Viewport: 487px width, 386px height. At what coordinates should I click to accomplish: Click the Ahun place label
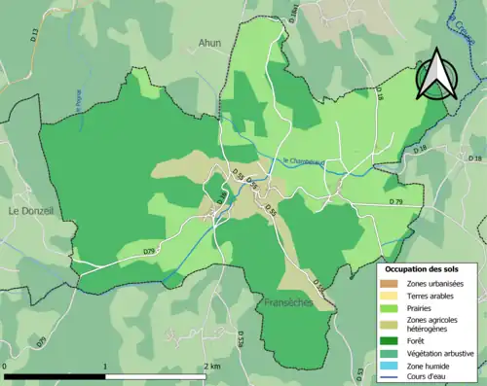click(x=209, y=43)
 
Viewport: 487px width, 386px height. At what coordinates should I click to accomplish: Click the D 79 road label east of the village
click(x=395, y=201)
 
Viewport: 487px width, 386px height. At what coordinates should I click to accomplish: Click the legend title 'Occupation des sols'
click(x=427, y=267)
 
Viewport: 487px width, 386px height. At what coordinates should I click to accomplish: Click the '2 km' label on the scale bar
click(x=210, y=367)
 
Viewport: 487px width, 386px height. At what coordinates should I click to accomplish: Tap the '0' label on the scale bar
click(x=6, y=367)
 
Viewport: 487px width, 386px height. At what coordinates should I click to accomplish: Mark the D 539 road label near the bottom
click(x=240, y=339)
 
